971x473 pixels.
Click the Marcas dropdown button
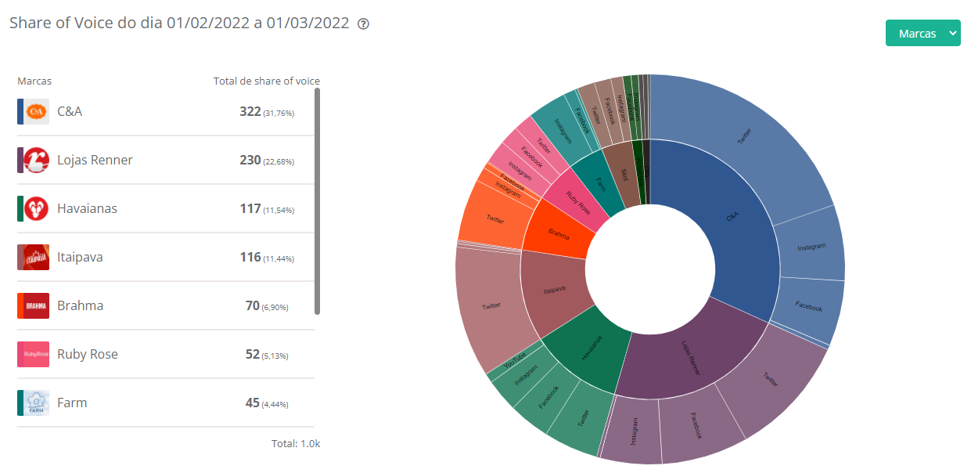pos(922,34)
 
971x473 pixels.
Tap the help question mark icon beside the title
pos(363,23)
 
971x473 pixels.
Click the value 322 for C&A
pos(250,111)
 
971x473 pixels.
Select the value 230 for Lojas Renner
pos(250,160)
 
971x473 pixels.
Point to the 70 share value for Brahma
pos(253,305)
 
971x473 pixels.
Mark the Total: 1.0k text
pos(296,443)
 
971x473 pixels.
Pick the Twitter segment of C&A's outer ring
pos(743,137)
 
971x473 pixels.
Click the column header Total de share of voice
pos(266,81)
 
